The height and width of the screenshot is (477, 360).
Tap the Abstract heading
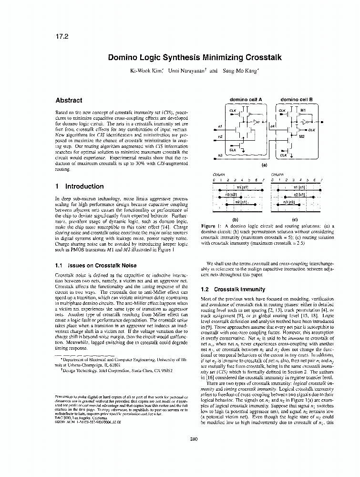tap(69, 101)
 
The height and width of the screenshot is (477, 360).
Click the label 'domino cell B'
tap(296, 100)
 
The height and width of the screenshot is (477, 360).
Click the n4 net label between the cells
tap(272, 126)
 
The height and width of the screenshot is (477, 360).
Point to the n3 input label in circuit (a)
tap(220, 156)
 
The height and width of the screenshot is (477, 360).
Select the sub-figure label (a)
tap(263, 165)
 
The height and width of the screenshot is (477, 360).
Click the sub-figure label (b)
tap(241, 218)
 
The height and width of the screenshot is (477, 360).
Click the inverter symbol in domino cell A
tap(257, 122)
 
